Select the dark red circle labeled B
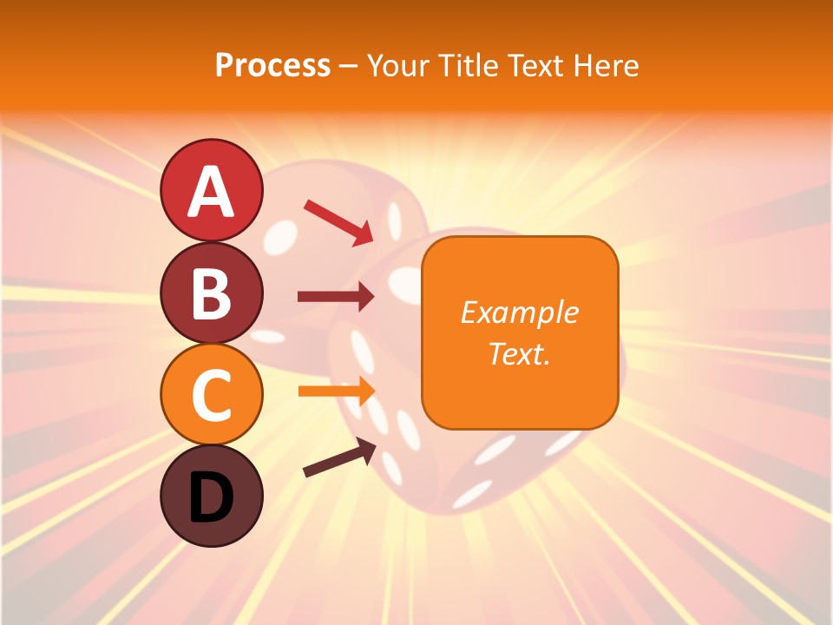click(211, 293)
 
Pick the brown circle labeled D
click(211, 496)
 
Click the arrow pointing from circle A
click(338, 222)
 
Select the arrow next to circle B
click(336, 297)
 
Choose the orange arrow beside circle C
click(336, 391)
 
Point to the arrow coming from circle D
click(339, 457)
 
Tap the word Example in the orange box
click(520, 312)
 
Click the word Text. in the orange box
click(520, 354)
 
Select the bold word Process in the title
click(272, 65)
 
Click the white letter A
click(211, 191)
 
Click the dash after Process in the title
click(349, 66)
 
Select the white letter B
click(211, 294)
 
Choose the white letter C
click(211, 396)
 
